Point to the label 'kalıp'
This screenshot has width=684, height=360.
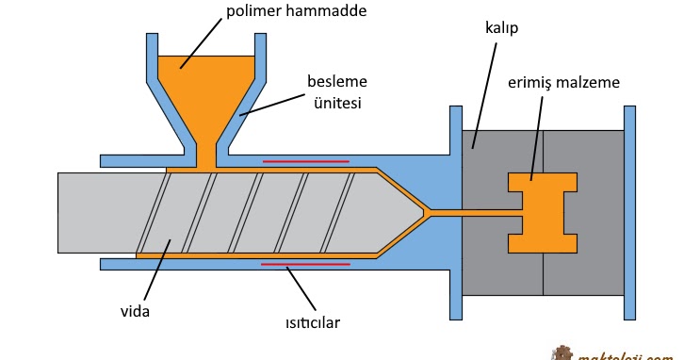(503, 28)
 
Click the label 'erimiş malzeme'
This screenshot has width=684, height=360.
(563, 82)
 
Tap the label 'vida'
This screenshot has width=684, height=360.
(140, 309)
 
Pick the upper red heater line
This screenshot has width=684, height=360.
(305, 161)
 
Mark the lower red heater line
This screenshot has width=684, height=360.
(305, 265)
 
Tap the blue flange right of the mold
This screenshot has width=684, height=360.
(629, 212)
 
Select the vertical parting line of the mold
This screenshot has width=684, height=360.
(544, 273)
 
